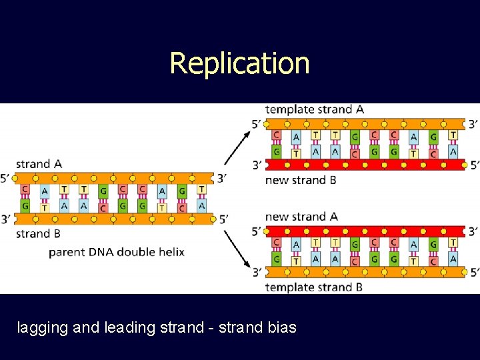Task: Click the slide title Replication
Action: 239,63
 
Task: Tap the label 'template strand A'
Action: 314,109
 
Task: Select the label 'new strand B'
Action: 300,180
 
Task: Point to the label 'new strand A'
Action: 301,216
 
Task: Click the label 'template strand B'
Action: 314,287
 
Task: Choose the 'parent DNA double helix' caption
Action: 117,252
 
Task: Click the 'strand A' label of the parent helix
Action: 39,164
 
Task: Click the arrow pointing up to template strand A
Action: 237,148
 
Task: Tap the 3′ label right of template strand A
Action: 473,124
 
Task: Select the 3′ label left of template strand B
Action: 257,272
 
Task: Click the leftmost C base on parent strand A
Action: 25,190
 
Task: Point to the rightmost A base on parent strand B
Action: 201,206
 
